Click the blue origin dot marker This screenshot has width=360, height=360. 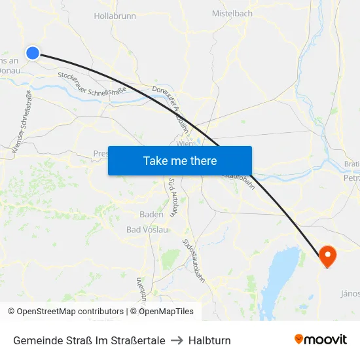point(32,53)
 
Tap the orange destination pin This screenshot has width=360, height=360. point(327,255)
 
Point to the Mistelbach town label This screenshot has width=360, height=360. point(232,13)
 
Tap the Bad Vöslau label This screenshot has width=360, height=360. point(147,230)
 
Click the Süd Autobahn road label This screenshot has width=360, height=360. point(173,196)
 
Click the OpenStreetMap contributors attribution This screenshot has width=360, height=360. point(67,312)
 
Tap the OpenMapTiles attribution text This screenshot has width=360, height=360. point(166,312)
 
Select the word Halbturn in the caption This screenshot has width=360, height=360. point(209,340)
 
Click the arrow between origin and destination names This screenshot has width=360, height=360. point(177,340)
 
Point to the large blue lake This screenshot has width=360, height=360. point(279,275)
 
